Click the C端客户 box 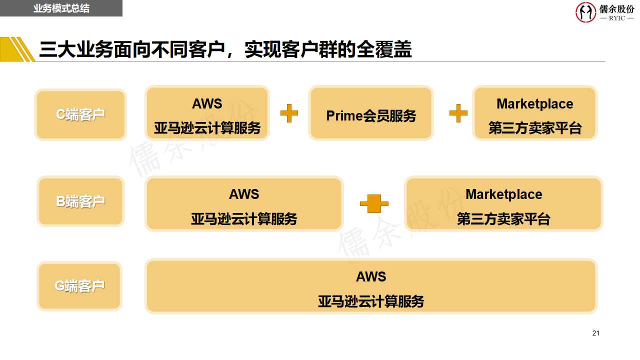[x=80, y=114]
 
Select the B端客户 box [x=80, y=201]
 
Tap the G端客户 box [x=79, y=286]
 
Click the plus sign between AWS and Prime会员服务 [x=289, y=113]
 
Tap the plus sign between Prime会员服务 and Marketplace [x=458, y=113]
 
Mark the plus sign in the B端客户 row [x=374, y=203]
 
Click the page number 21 [x=595, y=333]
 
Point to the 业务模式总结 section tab [x=61, y=8]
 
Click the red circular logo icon [x=585, y=12]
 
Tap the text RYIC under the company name [x=616, y=18]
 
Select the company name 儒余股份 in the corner [x=616, y=8]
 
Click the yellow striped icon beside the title [x=17, y=49]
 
